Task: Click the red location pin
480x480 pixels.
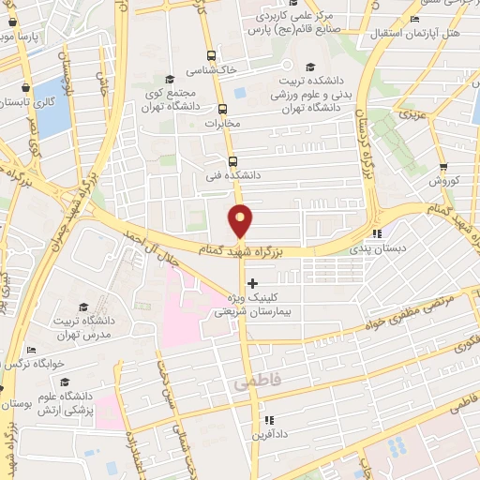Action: [x=241, y=219]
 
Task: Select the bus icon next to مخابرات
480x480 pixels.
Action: [x=222, y=108]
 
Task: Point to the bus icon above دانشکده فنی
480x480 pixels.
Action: [x=232, y=160]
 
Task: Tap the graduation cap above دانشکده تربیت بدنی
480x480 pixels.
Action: [x=310, y=66]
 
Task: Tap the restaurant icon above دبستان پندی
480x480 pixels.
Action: [x=377, y=234]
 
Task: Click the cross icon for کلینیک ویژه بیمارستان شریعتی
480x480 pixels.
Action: [x=252, y=282]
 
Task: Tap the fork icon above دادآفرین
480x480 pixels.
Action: [x=268, y=420]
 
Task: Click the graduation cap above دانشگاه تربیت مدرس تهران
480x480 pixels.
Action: [x=82, y=307]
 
